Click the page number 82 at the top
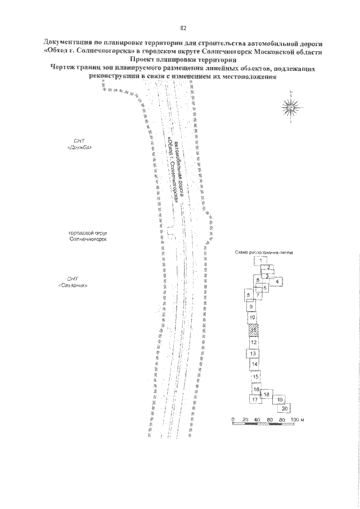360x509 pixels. [182, 28]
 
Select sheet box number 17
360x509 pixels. [255, 399]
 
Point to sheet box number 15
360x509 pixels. [256, 377]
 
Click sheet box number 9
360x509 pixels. [251, 306]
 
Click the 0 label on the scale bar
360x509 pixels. [232, 420]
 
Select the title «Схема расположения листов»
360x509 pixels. [263, 253]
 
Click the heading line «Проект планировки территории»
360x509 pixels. [182, 58]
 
